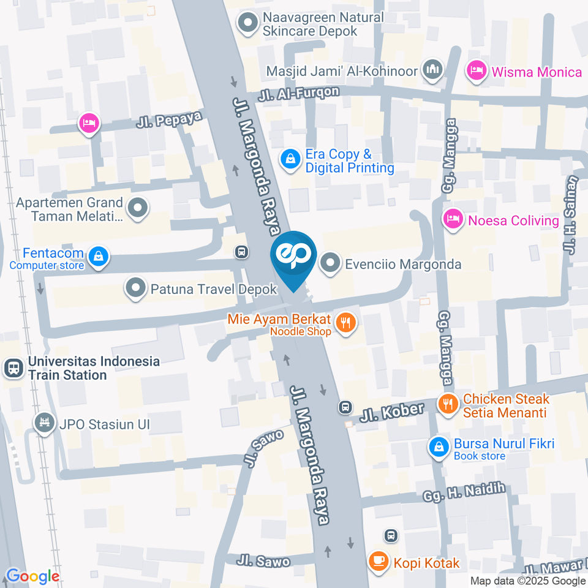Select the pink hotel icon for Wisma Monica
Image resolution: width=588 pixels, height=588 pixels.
[x=475, y=72]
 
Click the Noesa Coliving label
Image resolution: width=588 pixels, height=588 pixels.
[x=513, y=221]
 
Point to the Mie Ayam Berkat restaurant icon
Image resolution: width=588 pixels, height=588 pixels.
[x=346, y=323]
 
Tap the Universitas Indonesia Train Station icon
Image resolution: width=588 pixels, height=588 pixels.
[x=11, y=368]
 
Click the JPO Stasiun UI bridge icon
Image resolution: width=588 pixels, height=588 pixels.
[x=44, y=423]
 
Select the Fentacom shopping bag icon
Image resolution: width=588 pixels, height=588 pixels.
[x=97, y=257]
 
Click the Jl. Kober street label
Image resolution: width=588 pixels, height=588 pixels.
[x=392, y=412]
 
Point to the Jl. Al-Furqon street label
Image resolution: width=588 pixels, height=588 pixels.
[x=298, y=94]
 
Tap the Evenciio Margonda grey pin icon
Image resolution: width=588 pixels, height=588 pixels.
[x=331, y=264]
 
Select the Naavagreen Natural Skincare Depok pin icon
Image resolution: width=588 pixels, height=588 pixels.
[x=247, y=24]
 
